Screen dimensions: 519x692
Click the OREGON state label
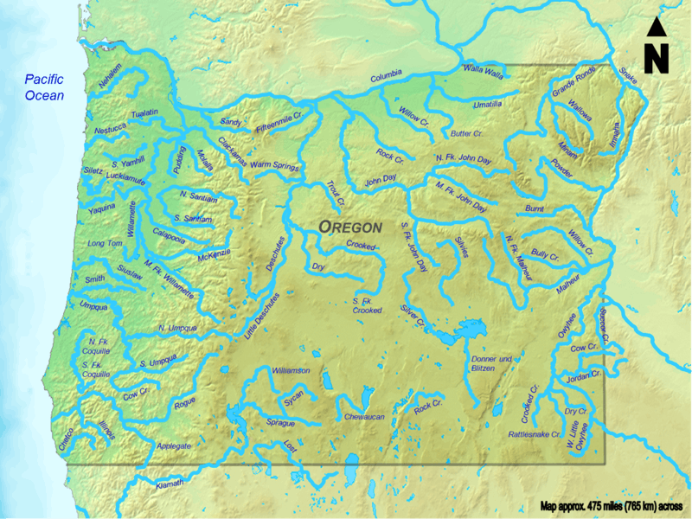(350, 227)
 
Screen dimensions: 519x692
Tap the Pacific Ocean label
(45, 86)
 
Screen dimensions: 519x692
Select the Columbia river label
(388, 79)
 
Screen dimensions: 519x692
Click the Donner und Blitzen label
(491, 363)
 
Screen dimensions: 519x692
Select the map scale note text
(611, 506)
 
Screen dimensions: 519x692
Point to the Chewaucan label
(363, 417)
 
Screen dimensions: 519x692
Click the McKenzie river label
(215, 253)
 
